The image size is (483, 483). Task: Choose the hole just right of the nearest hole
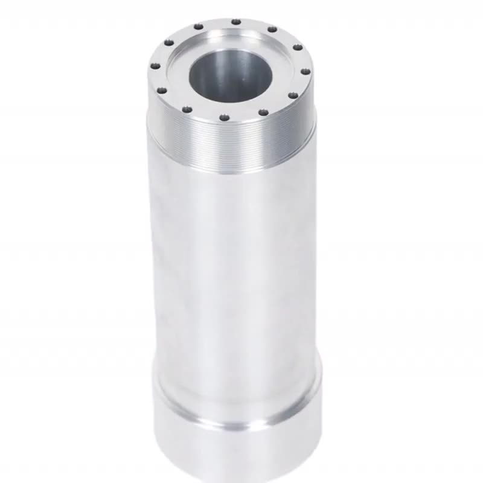coord(262,112)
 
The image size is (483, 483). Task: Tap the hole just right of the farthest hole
coord(272,29)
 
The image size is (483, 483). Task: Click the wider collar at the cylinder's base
coord(235,447)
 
